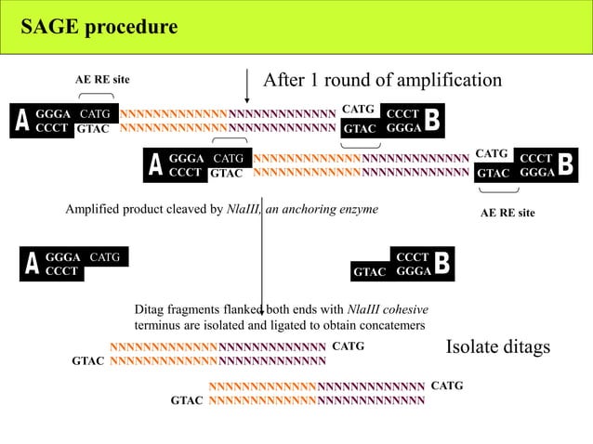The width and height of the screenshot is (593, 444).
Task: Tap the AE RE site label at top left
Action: (102, 80)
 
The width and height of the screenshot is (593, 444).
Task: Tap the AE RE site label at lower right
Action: (507, 213)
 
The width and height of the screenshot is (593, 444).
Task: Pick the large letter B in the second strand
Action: (567, 164)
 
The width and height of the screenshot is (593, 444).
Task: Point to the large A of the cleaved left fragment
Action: (32, 264)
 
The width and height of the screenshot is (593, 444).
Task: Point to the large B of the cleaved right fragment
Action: (442, 264)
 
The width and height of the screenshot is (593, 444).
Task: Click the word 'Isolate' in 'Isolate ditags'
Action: (475, 347)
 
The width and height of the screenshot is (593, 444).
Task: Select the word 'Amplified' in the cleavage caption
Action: (92, 210)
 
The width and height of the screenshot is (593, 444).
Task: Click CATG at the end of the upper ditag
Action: (348, 346)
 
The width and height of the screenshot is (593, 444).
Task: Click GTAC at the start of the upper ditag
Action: (88, 361)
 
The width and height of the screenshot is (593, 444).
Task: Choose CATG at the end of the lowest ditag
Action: (447, 385)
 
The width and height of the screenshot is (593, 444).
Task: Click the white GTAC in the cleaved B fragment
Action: (370, 272)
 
